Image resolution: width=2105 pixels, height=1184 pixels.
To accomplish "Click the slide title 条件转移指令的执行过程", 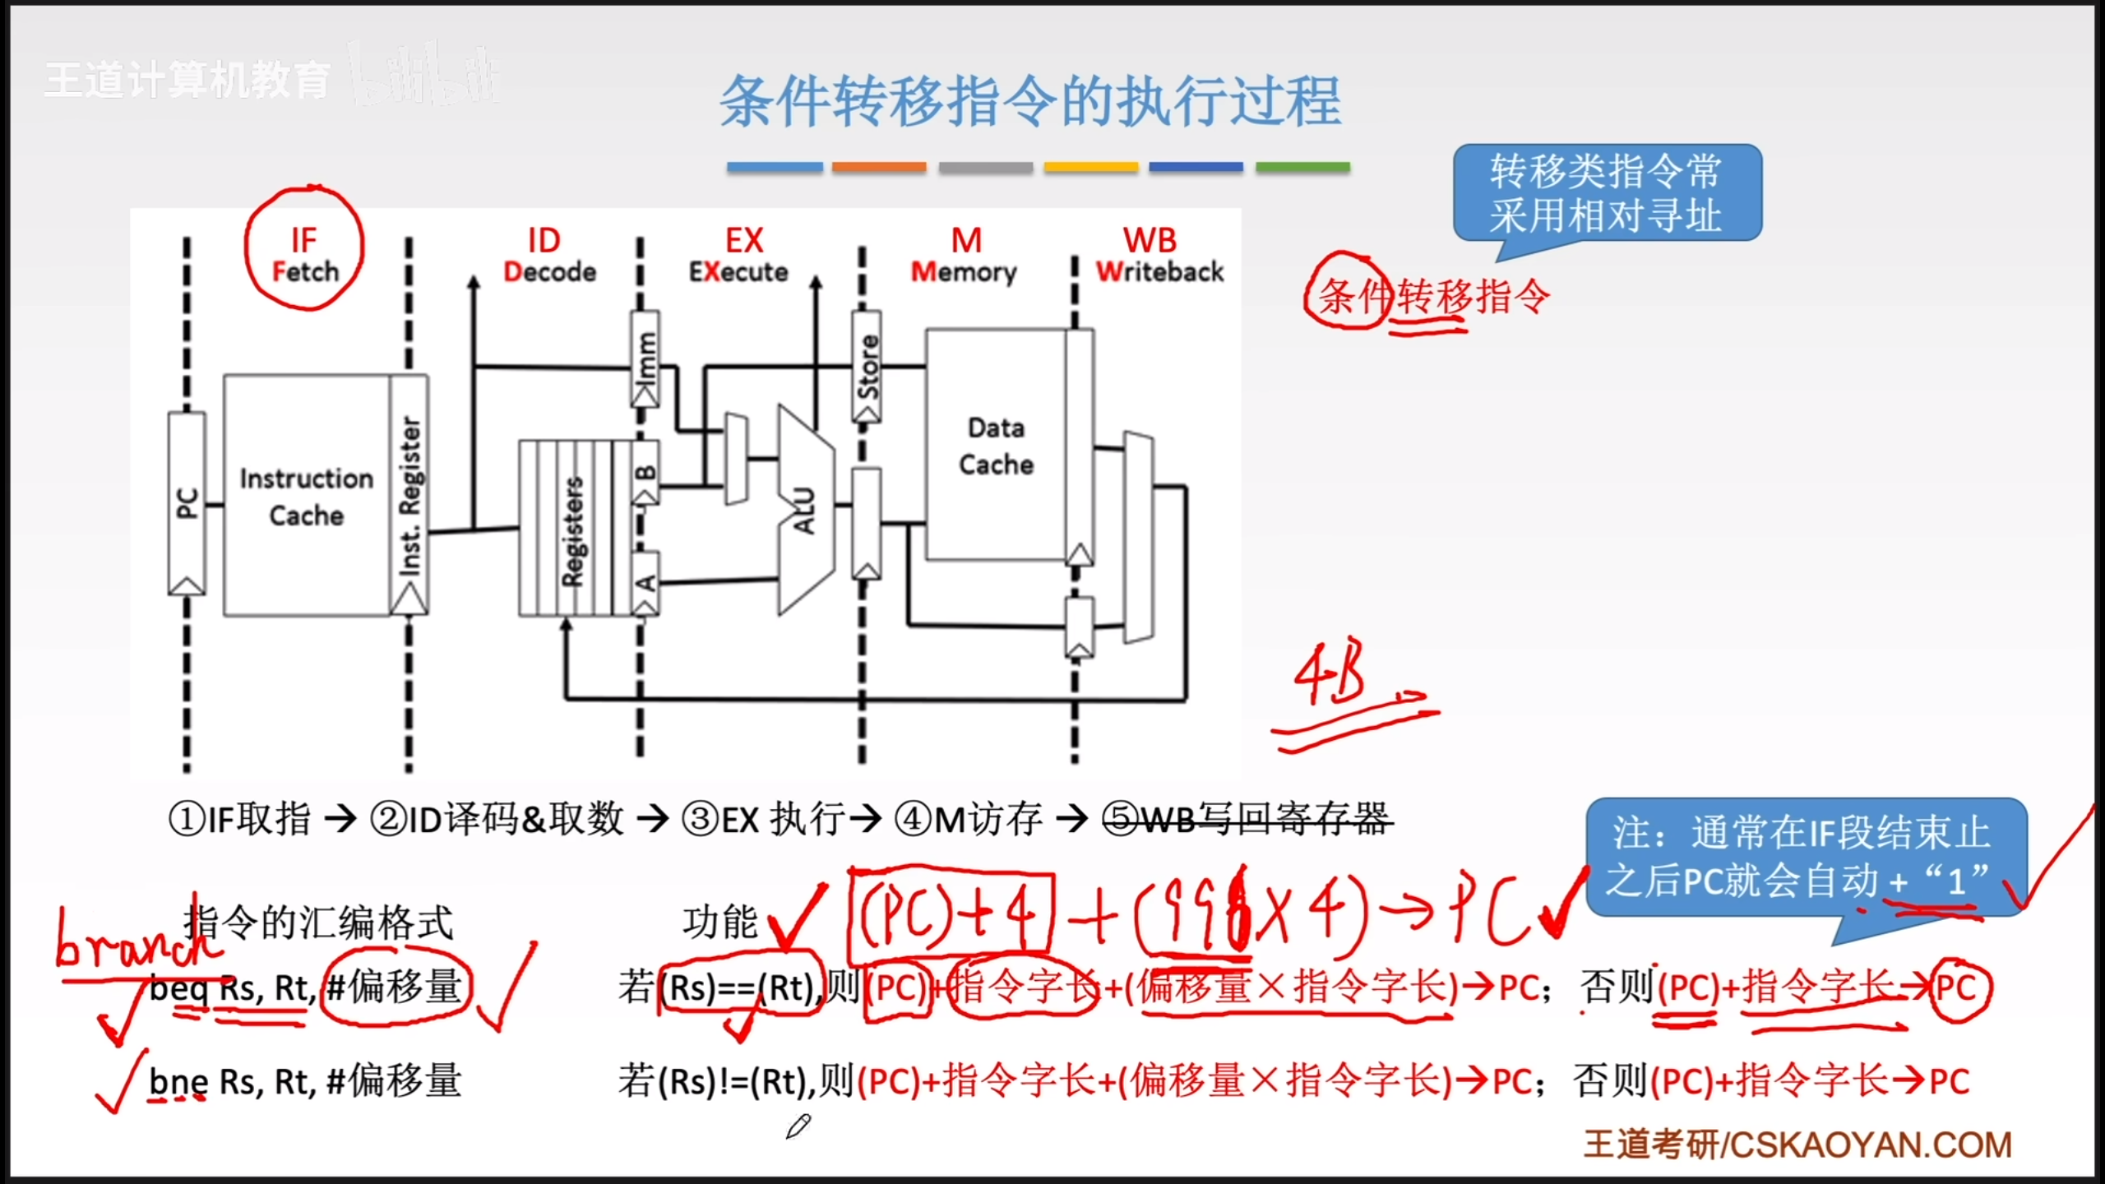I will [x=1030, y=102].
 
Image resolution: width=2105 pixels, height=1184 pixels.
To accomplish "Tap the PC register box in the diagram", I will [x=187, y=502].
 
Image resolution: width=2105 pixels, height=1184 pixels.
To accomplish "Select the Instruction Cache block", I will [x=306, y=496].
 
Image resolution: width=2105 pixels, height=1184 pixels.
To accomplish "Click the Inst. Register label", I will [x=409, y=496].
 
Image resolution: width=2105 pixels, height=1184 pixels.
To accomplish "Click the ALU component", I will [x=804, y=510].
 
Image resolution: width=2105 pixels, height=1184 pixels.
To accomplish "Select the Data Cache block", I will [x=996, y=446].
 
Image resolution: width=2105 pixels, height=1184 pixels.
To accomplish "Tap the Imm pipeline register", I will [x=645, y=358].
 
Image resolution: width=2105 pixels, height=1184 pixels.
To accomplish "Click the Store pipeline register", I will [x=867, y=366].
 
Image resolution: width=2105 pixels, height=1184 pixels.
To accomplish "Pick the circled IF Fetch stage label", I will [x=304, y=254].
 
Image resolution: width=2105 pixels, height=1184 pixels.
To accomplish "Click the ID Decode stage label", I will [x=548, y=254].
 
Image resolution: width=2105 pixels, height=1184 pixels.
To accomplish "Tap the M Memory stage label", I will [x=965, y=254].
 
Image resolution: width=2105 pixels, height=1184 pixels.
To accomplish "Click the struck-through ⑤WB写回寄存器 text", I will [x=1247, y=819].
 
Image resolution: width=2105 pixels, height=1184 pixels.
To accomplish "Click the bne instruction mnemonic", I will [x=178, y=1081].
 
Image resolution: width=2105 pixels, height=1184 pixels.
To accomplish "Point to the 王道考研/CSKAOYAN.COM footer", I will [x=1797, y=1145].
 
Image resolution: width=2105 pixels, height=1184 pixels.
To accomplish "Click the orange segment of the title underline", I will [x=879, y=167].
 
